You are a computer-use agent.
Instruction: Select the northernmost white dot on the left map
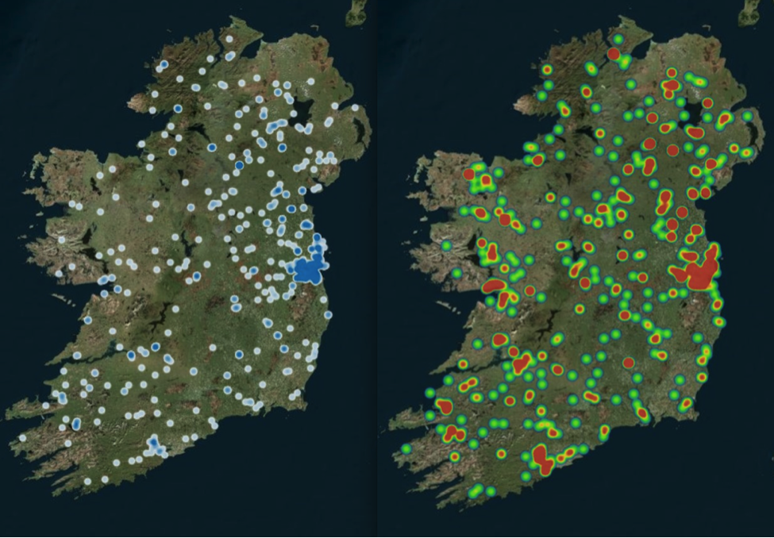tap(229, 37)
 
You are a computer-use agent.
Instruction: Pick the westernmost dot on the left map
tap(23, 437)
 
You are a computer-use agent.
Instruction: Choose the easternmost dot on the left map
tap(355, 107)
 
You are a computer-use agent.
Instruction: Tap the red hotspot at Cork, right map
tap(541, 459)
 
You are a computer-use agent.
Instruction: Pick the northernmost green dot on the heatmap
tap(618, 38)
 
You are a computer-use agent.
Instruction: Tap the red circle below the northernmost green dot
tap(613, 54)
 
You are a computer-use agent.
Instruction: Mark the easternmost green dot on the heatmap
tap(747, 116)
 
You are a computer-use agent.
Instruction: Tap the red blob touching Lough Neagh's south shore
tap(695, 133)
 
